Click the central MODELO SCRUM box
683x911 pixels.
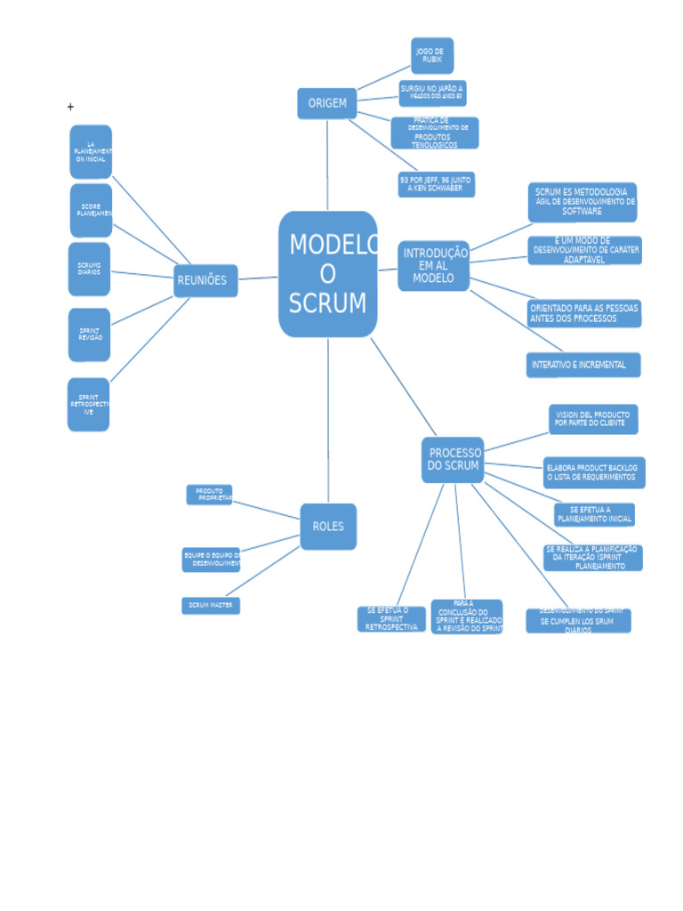click(328, 274)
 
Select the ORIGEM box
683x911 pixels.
click(327, 103)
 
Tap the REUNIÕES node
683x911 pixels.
click(205, 280)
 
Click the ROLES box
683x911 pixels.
click(328, 527)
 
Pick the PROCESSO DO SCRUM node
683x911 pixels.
click(453, 460)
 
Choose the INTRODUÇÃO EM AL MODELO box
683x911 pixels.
click(433, 266)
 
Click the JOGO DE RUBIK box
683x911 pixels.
click(432, 55)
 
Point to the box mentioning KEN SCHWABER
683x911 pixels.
click(436, 184)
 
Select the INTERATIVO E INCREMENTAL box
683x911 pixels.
click(583, 365)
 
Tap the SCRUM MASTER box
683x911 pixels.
click(211, 606)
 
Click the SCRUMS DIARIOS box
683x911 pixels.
click(89, 269)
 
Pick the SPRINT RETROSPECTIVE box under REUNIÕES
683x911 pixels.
click(89, 405)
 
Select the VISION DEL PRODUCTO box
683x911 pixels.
click(592, 419)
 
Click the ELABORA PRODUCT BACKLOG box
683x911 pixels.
click(593, 472)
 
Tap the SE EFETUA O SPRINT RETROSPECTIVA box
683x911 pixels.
click(391, 619)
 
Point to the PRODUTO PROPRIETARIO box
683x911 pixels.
click(209, 495)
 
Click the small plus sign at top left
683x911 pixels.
click(70, 107)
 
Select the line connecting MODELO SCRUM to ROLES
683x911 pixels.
click(328, 418)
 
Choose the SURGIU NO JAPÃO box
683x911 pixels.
click(432, 93)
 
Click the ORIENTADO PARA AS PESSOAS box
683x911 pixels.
click(583, 313)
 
